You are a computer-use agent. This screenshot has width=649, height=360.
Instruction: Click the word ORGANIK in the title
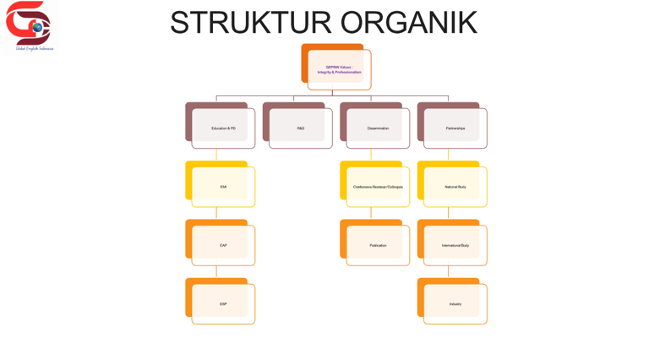[409, 23]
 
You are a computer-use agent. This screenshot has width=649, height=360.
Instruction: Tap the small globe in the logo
[37, 28]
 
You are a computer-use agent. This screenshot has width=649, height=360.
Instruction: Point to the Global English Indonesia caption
[35, 49]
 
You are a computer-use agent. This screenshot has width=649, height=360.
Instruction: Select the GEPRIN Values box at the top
[339, 69]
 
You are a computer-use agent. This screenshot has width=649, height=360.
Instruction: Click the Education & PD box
[223, 128]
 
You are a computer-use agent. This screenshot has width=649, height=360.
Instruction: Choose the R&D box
[300, 128]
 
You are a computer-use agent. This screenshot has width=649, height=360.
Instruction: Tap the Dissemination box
[378, 128]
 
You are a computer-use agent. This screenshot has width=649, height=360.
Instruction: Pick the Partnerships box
[455, 128]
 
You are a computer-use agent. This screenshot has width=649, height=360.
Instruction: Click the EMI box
[223, 187]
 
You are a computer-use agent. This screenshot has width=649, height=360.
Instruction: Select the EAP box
[223, 245]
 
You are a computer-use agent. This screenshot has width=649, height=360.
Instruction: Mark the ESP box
[223, 304]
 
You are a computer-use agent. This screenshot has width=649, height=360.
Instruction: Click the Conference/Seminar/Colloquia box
[378, 187]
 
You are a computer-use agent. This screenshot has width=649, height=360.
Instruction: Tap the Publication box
[378, 245]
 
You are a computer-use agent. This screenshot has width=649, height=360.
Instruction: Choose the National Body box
[455, 187]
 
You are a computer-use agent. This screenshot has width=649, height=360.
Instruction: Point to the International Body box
[455, 245]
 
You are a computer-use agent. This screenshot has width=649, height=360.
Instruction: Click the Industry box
[455, 304]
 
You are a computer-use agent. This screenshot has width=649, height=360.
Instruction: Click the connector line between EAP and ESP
[216, 271]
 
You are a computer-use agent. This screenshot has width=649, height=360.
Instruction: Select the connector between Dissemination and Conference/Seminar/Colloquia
[371, 155]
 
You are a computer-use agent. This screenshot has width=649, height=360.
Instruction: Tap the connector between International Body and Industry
[448, 271]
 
